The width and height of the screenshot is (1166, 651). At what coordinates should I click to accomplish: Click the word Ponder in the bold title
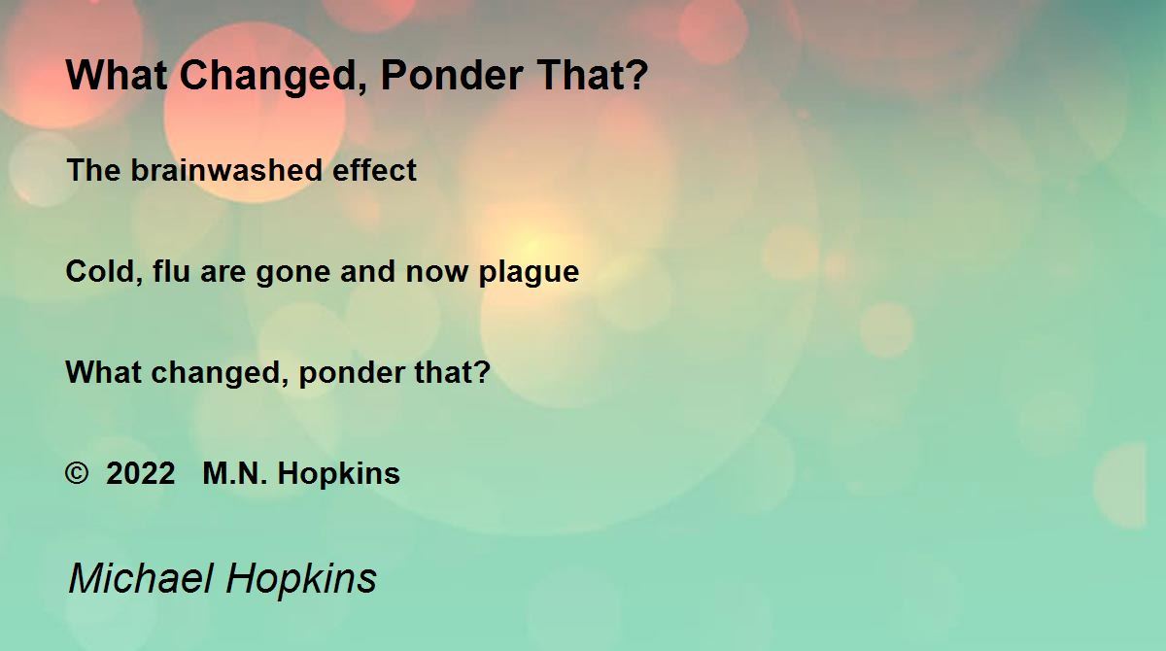tap(452, 75)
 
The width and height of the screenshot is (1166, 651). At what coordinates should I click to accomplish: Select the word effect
tap(374, 170)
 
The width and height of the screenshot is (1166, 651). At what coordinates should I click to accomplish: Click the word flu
tap(171, 271)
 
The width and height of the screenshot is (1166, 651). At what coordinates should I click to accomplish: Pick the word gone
tap(293, 273)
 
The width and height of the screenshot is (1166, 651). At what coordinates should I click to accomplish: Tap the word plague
tap(529, 273)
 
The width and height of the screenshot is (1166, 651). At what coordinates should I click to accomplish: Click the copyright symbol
tap(77, 473)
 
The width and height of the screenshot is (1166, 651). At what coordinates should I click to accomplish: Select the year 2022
tap(141, 473)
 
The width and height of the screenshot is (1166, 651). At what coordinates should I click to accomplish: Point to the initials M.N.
tap(235, 473)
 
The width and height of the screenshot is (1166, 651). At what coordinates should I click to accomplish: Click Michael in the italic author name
tap(141, 578)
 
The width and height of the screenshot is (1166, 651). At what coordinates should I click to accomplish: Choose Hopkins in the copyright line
tap(339, 474)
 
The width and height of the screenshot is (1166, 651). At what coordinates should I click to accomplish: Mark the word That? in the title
tap(593, 75)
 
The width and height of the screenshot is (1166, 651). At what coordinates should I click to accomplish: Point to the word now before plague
tap(436, 273)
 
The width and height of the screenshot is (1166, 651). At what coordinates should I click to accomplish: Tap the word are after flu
tap(223, 273)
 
